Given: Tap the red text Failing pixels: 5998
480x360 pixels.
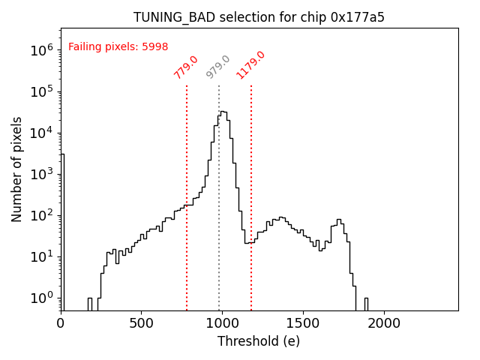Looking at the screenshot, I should pos(118,46).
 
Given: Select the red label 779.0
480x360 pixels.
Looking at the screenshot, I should pos(186,67).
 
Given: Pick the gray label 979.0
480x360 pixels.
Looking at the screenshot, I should pos(218,67).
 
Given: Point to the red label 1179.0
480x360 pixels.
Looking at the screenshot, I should pos(251,65).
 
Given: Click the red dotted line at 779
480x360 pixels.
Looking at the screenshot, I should pos(187,225).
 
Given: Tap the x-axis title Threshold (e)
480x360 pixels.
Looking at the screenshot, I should pos(259,341).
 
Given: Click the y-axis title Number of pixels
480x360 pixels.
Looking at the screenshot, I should pos(17,169).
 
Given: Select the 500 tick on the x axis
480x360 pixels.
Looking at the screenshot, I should pos(142,322).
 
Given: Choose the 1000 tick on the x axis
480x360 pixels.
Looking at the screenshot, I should pos(222,322).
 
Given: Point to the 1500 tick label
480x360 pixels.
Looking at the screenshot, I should pos(303,322).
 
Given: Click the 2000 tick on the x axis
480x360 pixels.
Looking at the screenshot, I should pos(384,322).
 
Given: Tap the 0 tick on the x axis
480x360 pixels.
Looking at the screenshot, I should pos(61,322).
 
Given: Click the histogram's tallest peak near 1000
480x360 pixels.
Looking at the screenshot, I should pos(223,112).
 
